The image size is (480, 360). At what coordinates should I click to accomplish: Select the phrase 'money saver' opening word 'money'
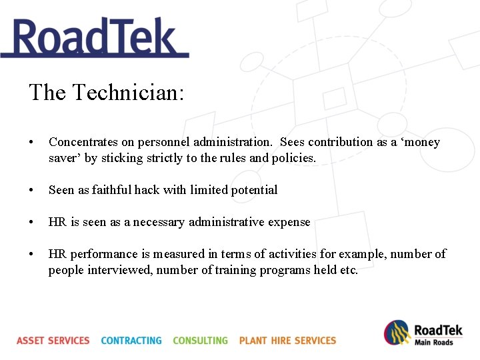(422, 142)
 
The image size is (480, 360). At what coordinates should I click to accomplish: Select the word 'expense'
(288, 222)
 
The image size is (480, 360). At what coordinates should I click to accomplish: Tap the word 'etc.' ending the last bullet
(348, 271)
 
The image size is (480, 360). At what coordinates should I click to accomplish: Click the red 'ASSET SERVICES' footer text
(53, 341)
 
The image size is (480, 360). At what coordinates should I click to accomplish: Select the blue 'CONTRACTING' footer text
(131, 341)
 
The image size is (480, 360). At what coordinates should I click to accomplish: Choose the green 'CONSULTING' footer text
(200, 341)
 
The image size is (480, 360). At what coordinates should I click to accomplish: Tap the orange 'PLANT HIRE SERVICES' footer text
(287, 341)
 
